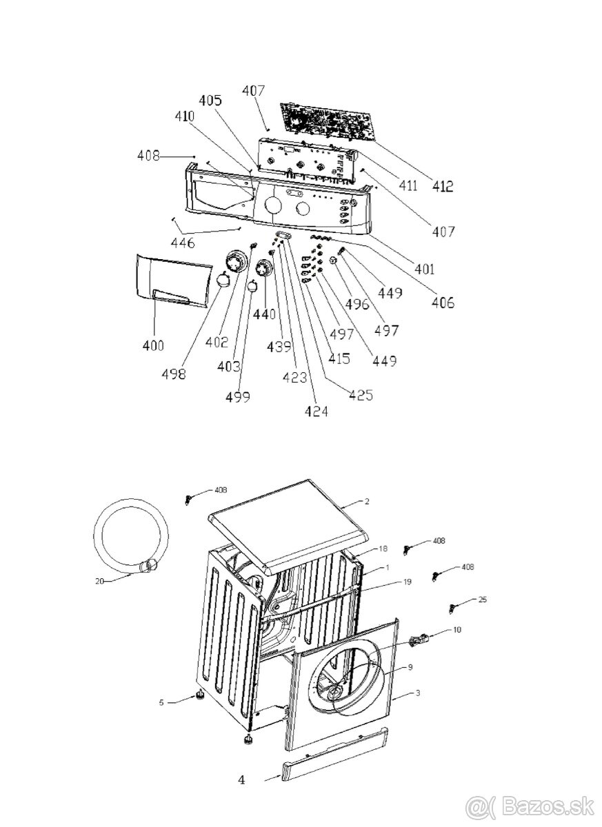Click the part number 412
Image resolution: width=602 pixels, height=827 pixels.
[x=443, y=185]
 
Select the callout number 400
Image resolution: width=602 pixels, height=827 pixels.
[x=154, y=345]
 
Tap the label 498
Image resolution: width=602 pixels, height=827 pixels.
[x=174, y=374]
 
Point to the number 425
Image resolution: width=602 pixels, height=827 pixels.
[x=361, y=395]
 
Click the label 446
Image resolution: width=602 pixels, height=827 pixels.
[x=183, y=243]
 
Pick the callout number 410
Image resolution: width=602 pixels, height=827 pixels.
[x=185, y=118]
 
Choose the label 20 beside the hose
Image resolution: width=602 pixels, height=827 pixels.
[x=99, y=581]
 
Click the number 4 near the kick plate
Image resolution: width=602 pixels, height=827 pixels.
[x=241, y=780]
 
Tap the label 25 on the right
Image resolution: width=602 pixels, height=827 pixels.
[x=482, y=600]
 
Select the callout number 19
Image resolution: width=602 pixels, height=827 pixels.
[x=407, y=582]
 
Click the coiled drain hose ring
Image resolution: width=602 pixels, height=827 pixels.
[x=130, y=538]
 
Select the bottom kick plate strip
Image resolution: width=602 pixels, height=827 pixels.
[x=335, y=754]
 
